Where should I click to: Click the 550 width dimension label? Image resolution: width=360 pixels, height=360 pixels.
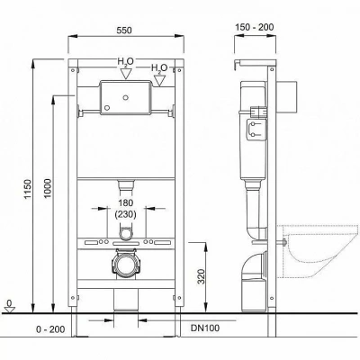[124, 31]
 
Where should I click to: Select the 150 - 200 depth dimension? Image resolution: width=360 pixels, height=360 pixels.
[255, 27]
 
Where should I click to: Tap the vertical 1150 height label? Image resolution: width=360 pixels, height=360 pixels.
[28, 189]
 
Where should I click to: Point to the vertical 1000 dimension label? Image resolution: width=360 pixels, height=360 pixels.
[48, 188]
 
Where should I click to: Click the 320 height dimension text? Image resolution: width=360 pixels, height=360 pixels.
[202, 276]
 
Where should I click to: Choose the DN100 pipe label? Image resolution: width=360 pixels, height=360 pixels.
[205, 328]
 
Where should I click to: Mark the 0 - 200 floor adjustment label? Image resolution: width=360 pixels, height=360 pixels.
[50, 329]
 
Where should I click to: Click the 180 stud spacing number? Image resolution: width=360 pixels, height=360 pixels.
[125, 202]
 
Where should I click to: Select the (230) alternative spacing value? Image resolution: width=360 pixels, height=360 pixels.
[125, 214]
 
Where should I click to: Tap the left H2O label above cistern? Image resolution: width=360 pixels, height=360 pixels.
[125, 62]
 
